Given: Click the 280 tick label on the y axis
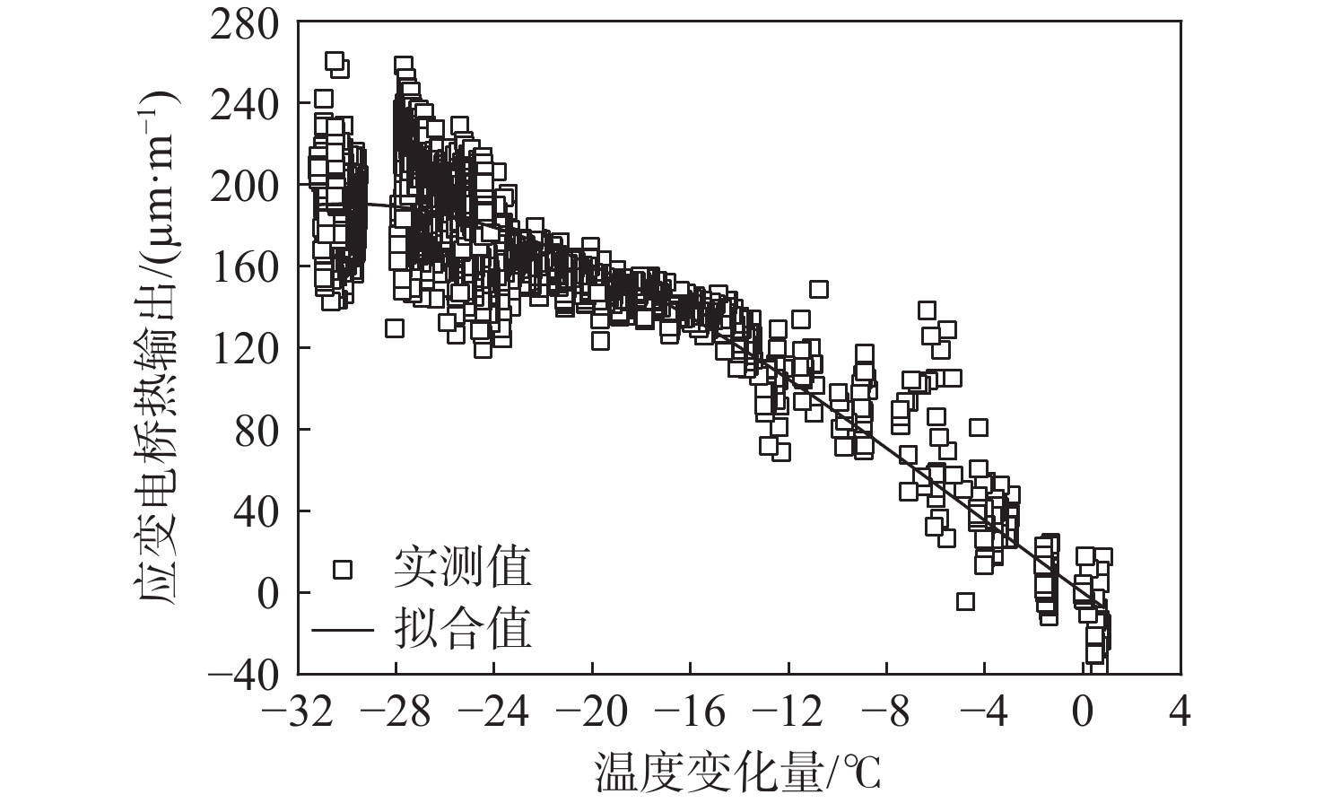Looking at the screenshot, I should (245, 23).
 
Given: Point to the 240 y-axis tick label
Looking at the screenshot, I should (245, 104).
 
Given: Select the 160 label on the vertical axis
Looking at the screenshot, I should (245, 267).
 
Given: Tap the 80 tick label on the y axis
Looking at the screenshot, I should (256, 430).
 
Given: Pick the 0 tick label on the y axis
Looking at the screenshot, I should (267, 593).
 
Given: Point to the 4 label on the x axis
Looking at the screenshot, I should (1181, 713).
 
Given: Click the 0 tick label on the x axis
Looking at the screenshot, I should (1083, 713).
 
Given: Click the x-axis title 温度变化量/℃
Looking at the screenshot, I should (738, 772).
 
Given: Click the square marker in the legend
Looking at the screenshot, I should (343, 569).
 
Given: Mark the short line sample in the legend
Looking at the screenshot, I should (343, 628).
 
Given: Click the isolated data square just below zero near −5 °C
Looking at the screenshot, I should (965, 601).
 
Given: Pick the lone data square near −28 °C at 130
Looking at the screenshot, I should (395, 328).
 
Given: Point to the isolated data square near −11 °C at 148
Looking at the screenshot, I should (818, 289).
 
